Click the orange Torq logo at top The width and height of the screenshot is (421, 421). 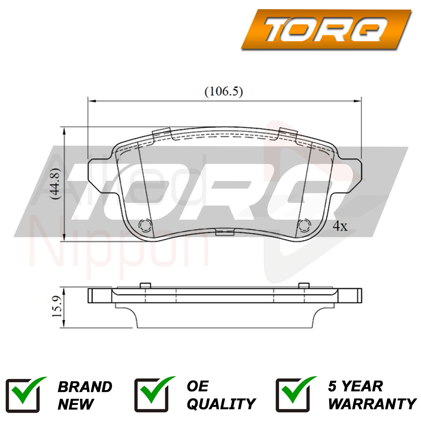point(326,29)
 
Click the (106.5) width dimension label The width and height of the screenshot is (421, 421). point(223,92)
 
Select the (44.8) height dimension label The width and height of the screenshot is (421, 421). point(54,183)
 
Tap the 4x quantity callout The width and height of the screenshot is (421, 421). point(340,226)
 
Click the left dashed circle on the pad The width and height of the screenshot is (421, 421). point(145,225)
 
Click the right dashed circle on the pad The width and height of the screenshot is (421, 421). point(304,225)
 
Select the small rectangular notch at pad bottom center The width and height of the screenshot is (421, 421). point(225,232)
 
